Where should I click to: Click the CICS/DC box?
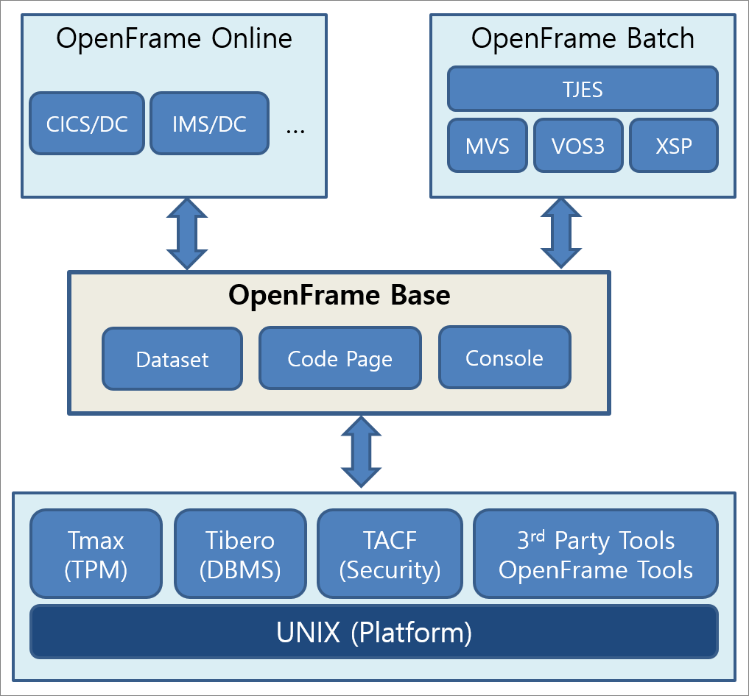tap(87, 124)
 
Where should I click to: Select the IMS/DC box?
tap(209, 124)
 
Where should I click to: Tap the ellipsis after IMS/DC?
tap(295, 128)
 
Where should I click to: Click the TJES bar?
tap(583, 89)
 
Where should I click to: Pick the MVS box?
tap(487, 145)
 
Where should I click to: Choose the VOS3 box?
tap(578, 145)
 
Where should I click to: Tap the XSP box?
tap(673, 145)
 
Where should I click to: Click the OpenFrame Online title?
tap(174, 38)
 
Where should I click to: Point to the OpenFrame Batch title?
tap(583, 38)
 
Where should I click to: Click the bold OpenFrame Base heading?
tap(339, 295)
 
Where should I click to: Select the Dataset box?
tap(172, 359)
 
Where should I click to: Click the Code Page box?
tap(340, 358)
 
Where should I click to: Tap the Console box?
tap(504, 358)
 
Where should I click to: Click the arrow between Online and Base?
tap(187, 234)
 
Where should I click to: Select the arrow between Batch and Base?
tap(561, 234)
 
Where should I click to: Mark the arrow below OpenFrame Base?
tap(361, 452)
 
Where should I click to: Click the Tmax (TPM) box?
tap(96, 554)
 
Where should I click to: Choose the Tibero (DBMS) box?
tap(240, 554)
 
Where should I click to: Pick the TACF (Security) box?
tap(390, 554)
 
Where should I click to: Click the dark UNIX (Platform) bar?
tap(374, 631)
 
